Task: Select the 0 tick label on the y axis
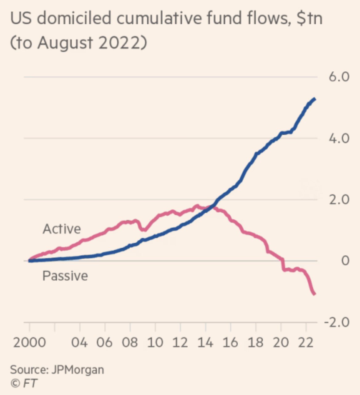point(346,261)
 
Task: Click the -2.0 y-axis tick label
point(337,322)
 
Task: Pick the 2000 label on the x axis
point(30,342)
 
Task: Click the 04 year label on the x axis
point(80,342)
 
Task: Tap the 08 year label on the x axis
point(130,342)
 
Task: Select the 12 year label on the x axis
point(180,342)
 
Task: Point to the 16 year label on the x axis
point(230,342)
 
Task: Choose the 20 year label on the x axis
point(281,342)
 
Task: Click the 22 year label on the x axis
point(306,342)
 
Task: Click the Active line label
point(62,229)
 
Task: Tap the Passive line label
point(65,276)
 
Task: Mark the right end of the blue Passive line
point(315,99)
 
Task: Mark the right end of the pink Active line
point(314,294)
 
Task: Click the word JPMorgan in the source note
point(78,369)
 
